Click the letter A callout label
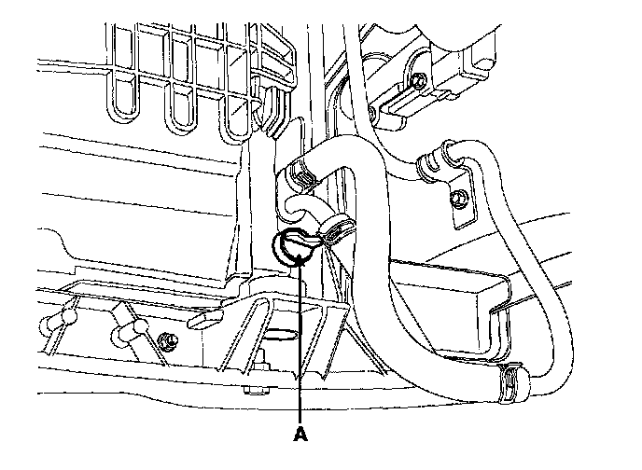pyautogui.click(x=300, y=434)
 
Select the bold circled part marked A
pyautogui.click(x=292, y=246)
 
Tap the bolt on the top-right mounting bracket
pyautogui.click(x=420, y=81)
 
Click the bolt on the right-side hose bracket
pyautogui.click(x=459, y=197)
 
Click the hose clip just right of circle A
pyautogui.click(x=333, y=228)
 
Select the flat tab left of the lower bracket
pyautogui.click(x=203, y=319)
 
